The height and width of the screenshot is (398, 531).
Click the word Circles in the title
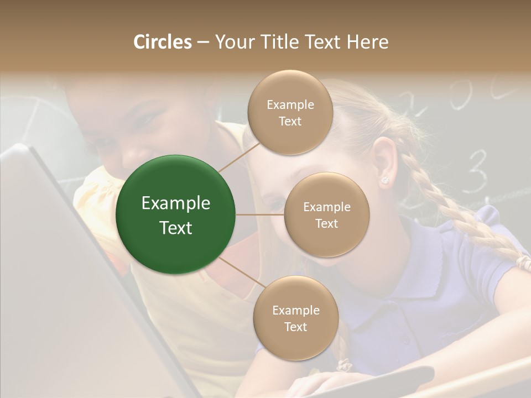[163, 42]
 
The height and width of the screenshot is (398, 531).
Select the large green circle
[175, 215]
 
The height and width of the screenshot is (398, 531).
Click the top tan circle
[290, 113]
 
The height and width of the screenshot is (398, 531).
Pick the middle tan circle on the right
[326, 215]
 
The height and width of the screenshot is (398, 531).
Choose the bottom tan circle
[295, 318]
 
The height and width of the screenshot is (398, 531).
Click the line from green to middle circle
[259, 214]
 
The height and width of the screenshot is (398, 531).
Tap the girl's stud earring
[383, 180]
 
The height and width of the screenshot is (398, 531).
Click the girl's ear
[384, 160]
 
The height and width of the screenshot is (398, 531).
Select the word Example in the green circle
[175, 203]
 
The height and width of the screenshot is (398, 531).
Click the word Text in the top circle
[290, 121]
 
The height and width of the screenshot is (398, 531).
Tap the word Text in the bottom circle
[295, 327]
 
